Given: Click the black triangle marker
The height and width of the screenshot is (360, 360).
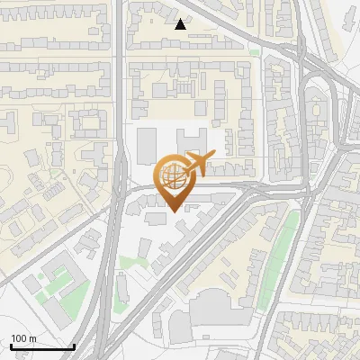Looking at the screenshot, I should (181, 24).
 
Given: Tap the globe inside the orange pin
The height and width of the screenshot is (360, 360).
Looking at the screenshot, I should (175, 176).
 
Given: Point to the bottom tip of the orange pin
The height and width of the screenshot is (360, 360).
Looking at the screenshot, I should (175, 211).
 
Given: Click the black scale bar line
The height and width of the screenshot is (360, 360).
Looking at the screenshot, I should (42, 346).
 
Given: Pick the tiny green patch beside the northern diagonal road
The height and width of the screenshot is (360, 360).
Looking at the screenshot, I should (255, 52).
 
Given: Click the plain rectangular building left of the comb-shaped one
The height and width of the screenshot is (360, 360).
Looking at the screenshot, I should (148, 146).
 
